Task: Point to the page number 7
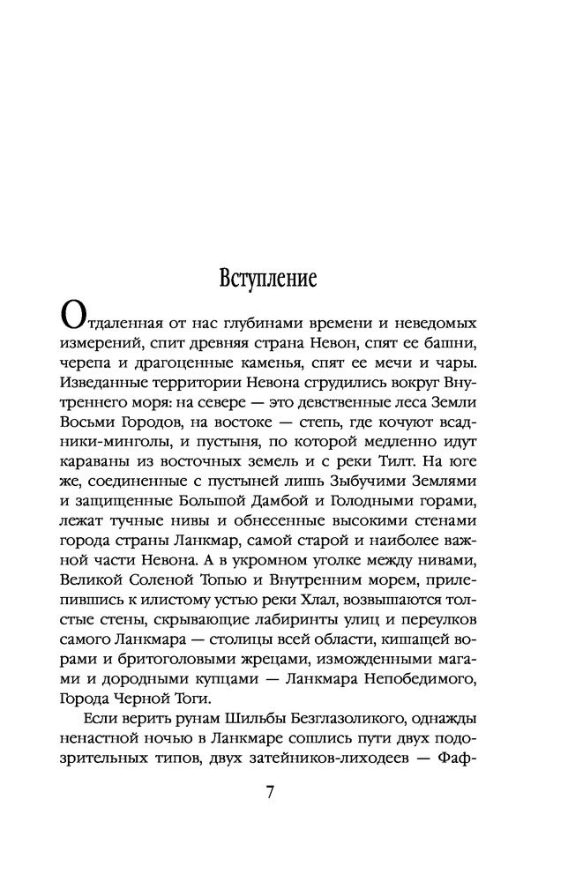[271, 790]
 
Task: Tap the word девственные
[313, 402]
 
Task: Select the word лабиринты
[294, 639]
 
